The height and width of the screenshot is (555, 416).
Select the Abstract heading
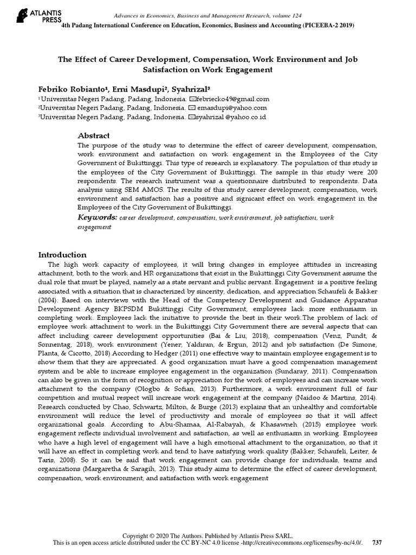click(93, 135)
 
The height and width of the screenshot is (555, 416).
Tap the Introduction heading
click(62, 255)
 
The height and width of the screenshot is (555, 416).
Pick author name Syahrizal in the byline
click(191, 88)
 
